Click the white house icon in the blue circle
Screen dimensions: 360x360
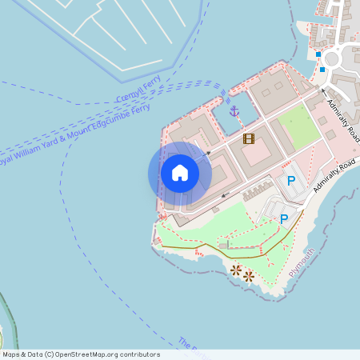coord(180,172)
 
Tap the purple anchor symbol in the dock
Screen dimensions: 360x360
coord(234,110)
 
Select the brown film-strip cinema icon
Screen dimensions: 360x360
coord(249,139)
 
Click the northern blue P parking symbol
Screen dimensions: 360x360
coord(291,182)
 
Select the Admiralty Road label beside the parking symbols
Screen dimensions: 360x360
coord(334,177)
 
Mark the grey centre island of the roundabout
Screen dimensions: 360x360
coord(332,58)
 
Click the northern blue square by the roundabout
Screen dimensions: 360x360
coord(318,54)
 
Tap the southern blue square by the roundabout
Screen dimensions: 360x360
coord(322,70)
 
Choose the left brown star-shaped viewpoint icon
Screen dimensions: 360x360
coord(236,270)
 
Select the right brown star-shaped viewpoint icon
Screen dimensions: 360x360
coord(249,276)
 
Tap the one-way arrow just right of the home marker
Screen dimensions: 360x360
coord(207,152)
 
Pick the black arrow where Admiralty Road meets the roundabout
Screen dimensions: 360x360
coord(325,90)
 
